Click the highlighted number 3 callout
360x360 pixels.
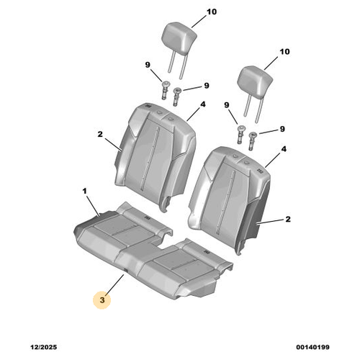click(102, 300)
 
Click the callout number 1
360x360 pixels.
click(84, 192)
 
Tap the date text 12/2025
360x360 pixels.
click(44, 347)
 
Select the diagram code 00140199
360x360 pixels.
click(312, 347)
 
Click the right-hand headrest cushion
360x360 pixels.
click(255, 81)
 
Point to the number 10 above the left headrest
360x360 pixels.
click(212, 12)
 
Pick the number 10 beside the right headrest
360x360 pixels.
click(284, 51)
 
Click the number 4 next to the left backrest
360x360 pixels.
click(203, 104)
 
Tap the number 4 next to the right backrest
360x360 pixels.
click(284, 149)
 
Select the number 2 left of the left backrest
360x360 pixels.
click(100, 134)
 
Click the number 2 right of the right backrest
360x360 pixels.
click(288, 219)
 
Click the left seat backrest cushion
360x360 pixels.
click(156, 156)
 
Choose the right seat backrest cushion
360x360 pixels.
click(230, 199)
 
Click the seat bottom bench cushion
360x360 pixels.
click(153, 252)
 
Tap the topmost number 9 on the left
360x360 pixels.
click(148, 65)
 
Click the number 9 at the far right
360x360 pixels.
click(282, 129)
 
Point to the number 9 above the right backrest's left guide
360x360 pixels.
click(227, 105)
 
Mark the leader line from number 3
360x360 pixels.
click(114, 284)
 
